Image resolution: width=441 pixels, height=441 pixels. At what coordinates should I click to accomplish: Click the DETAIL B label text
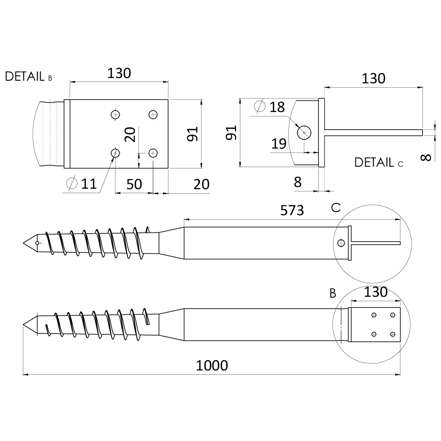[29, 76]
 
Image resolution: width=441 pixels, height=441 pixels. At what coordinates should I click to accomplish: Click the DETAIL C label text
[379, 163]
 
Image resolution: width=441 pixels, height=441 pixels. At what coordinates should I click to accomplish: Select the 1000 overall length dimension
[212, 366]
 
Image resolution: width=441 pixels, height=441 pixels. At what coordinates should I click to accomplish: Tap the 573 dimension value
[292, 210]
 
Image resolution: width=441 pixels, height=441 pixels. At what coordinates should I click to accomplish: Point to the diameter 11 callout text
[82, 183]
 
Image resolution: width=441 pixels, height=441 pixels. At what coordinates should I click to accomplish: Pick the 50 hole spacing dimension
[134, 184]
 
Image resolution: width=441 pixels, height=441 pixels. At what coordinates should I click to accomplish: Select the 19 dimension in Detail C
[279, 144]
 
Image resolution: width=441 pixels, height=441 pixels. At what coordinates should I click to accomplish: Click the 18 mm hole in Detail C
[304, 132]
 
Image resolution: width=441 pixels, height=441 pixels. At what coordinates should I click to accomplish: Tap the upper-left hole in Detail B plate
[115, 115]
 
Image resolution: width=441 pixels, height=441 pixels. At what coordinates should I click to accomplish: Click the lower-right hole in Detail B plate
[153, 153]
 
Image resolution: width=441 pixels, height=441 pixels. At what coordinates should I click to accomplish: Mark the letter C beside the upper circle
[336, 208]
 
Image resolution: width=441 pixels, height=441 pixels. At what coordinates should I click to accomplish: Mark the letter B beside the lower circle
[333, 293]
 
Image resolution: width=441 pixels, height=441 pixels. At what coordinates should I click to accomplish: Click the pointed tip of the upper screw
[23, 243]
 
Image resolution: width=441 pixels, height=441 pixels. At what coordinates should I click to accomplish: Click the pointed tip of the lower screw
[23, 325]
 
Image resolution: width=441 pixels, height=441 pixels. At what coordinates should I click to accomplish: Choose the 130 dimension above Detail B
[119, 73]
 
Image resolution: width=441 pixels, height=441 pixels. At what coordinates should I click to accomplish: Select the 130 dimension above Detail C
[373, 78]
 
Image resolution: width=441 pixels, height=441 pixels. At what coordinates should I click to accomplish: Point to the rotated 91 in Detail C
[232, 133]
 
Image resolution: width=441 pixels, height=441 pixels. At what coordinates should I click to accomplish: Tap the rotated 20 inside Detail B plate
[130, 135]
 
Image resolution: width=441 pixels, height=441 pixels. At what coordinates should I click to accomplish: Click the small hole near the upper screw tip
[37, 243]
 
